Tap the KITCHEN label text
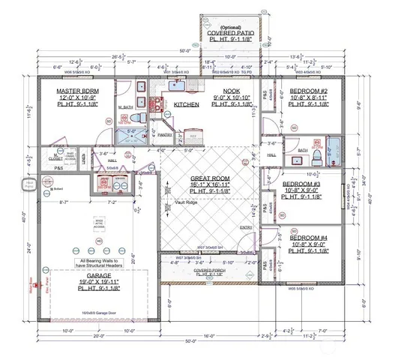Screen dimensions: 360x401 (186, 105)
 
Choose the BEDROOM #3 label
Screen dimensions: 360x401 (304, 184)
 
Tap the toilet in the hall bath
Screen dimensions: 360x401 (318, 155)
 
